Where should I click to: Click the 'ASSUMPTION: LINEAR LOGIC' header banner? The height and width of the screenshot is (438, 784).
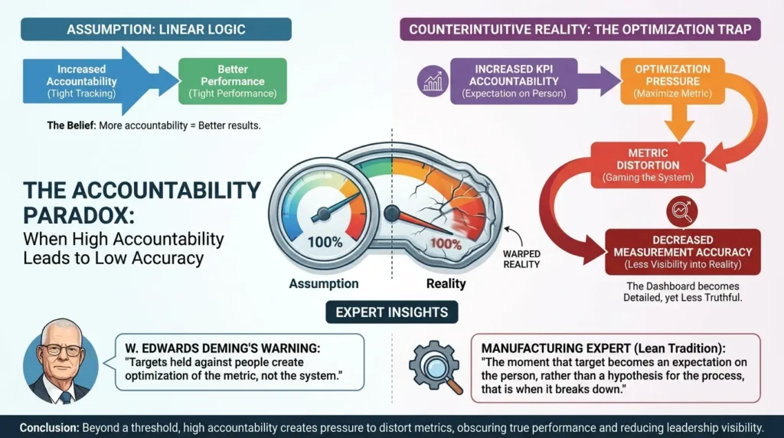156,30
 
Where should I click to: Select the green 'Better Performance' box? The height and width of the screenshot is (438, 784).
233,81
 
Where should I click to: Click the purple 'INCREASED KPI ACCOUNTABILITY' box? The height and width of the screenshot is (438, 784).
514,81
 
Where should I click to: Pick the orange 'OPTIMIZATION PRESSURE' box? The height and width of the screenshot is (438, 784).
672,81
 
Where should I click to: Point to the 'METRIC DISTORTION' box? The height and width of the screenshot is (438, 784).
648,165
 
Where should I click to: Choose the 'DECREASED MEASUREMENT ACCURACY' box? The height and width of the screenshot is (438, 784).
682,252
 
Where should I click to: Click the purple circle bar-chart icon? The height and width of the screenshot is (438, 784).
433,81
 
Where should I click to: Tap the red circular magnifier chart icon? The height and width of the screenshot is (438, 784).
682,211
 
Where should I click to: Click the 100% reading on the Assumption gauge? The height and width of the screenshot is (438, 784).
325,243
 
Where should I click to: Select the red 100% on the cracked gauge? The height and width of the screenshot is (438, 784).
446,244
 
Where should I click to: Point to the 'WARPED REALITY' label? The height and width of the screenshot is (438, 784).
521,259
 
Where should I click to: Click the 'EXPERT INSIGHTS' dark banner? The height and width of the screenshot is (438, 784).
391,312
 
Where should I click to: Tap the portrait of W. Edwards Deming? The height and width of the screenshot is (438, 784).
60,361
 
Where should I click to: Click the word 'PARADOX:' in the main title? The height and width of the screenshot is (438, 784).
79,216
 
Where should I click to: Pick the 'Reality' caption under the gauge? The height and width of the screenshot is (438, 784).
446,283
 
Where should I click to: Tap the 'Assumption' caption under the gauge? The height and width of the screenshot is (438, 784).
324,283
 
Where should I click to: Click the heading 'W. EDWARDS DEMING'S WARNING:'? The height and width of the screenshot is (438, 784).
223,348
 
